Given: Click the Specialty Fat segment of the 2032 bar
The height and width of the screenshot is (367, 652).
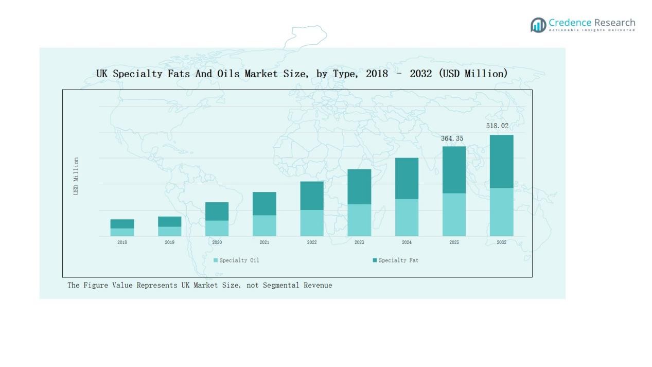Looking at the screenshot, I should [501, 161].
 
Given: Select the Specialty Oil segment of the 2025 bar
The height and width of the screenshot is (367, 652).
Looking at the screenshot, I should [454, 215].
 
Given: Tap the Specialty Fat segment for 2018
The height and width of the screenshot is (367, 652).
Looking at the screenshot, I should [122, 224].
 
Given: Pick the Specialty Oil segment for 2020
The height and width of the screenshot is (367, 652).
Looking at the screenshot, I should [217, 229].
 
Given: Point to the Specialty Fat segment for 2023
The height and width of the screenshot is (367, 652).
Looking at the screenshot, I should [359, 187].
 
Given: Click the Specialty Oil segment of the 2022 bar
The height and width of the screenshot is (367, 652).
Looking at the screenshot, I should [312, 223].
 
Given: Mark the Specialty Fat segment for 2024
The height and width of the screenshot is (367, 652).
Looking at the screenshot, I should [407, 178].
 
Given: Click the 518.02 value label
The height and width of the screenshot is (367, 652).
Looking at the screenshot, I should [497, 126].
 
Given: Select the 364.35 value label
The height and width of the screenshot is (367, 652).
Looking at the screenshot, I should [452, 138].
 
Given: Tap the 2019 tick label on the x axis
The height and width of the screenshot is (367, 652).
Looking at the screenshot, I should [169, 242].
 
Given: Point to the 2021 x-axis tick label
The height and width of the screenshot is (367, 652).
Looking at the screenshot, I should [264, 242].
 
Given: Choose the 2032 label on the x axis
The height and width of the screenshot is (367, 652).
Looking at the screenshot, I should [501, 242].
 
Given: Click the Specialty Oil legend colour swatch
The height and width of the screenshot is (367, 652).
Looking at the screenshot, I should [216, 260].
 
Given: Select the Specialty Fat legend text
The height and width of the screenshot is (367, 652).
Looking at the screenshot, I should [398, 260].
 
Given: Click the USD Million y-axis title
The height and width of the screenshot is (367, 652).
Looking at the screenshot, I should [76, 176].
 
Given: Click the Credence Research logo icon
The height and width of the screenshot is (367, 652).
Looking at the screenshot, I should [538, 25].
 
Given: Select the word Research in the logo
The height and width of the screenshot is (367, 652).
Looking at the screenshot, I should [614, 23].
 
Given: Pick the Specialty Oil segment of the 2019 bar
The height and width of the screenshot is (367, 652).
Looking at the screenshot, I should [169, 231].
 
